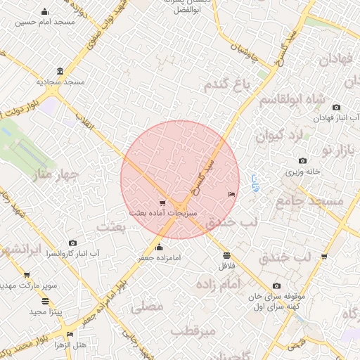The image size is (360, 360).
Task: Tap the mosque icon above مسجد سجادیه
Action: pyautogui.click(x=60, y=72)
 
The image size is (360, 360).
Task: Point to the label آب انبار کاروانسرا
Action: pyautogui.click(x=72, y=253)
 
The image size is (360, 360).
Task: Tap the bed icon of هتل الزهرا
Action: pyautogui.click(x=69, y=334)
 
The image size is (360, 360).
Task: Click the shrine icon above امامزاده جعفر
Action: pyautogui.click(x=158, y=247)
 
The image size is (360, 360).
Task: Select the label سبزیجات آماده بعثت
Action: pyautogui.click(x=163, y=212)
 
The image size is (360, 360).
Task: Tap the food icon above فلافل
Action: pyautogui.click(x=226, y=256)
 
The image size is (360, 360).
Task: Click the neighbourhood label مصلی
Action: pyautogui.click(x=147, y=307)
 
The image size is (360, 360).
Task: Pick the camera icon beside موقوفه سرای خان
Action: pyautogui.click(x=276, y=286)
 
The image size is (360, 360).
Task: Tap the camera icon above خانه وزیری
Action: pyautogui.click(x=302, y=161)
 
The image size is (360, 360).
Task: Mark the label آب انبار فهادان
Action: pyautogui.click(x=336, y=117)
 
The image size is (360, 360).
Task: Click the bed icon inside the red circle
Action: pyautogui.click(x=231, y=193)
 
